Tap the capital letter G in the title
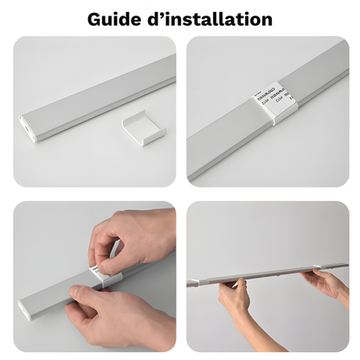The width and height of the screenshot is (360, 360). click(x=95, y=18)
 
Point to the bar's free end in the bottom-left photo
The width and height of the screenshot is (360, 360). click(x=26, y=307)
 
